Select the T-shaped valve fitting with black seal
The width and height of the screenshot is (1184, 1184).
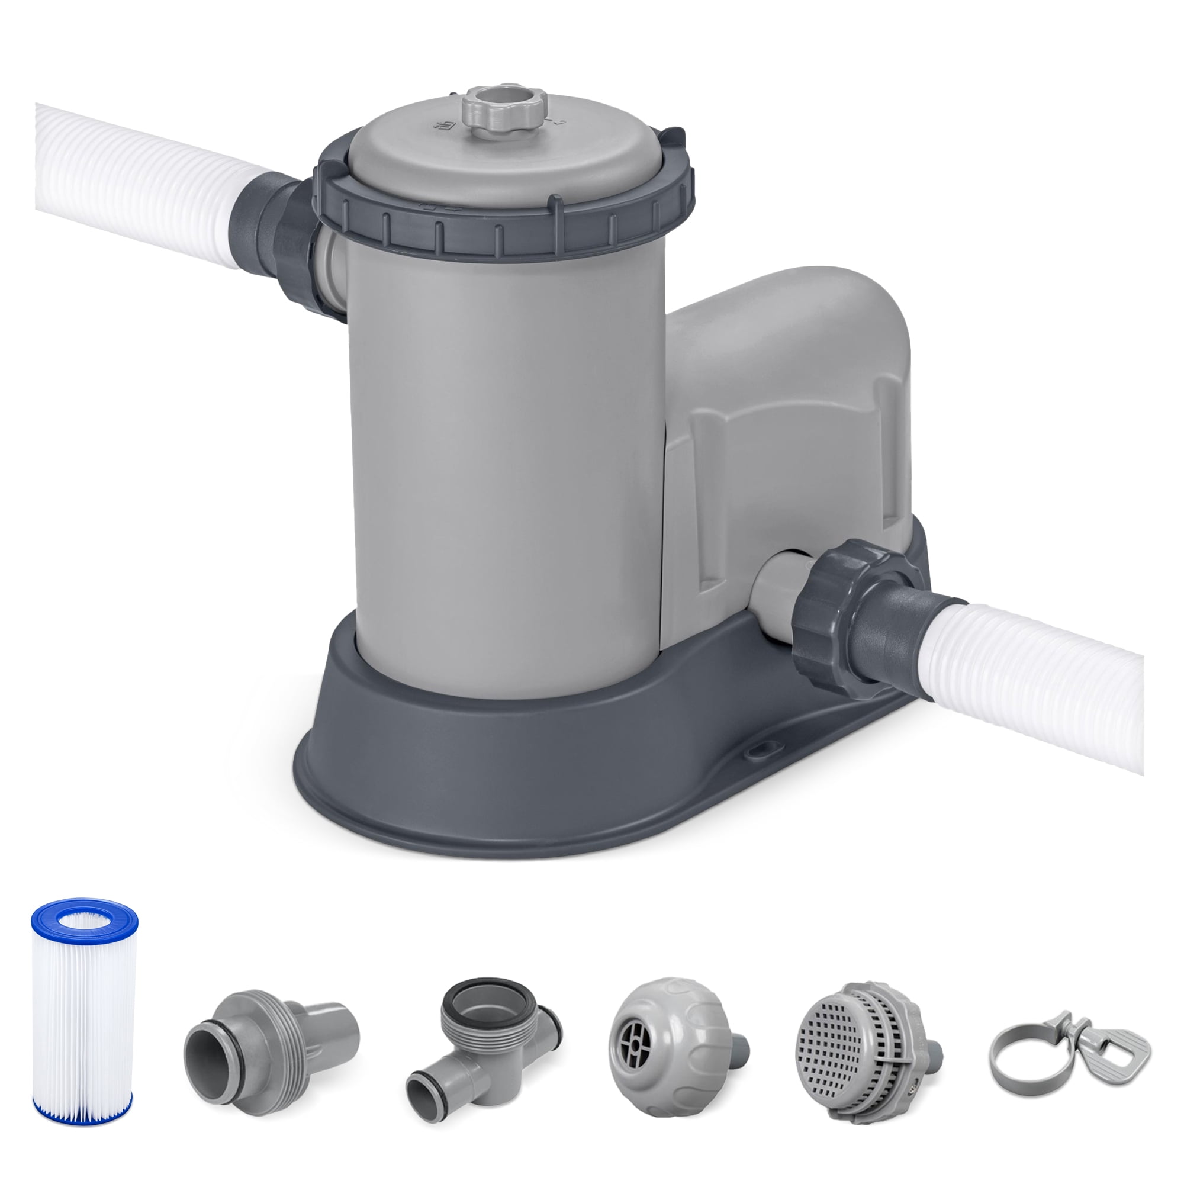coord(484,1042)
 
